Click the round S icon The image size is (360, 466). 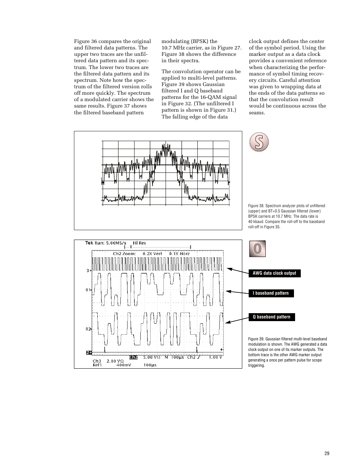click(259, 142)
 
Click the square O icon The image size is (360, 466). click(257, 249)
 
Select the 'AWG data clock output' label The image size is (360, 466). click(274, 273)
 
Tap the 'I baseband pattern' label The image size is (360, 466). click(271, 293)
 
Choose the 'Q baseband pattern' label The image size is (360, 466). click(271, 317)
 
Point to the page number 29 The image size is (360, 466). click(327, 453)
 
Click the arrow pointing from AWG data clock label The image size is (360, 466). click(237, 271)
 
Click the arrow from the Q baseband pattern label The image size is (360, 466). click(236, 320)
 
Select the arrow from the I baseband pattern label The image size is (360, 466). click(237, 292)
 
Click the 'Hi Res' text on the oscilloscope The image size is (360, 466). click(139, 243)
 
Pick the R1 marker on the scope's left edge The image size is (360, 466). click(88, 290)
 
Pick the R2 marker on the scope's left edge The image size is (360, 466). click(88, 329)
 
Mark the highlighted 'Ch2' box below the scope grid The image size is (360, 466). click(134, 357)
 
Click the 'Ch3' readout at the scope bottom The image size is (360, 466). click(97, 361)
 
